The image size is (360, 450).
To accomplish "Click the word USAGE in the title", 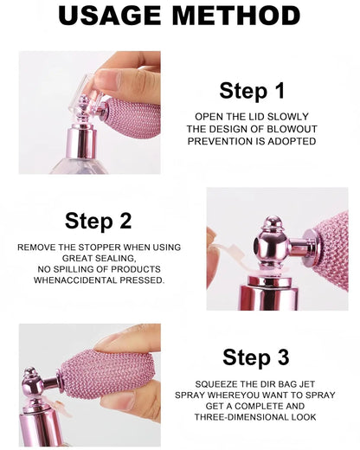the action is pyautogui.click(x=110, y=16).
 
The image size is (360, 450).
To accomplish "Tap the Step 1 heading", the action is pyautogui.click(x=252, y=91).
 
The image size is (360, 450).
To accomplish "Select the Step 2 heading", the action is pyautogui.click(x=98, y=221).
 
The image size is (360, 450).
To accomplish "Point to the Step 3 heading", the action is pyautogui.click(x=255, y=357).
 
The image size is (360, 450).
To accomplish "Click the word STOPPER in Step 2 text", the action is pyautogui.click(x=100, y=247).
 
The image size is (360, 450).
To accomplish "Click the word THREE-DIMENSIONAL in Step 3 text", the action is pyautogui.click(x=241, y=417).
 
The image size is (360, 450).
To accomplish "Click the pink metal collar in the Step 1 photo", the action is pyautogui.click(x=80, y=142).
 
